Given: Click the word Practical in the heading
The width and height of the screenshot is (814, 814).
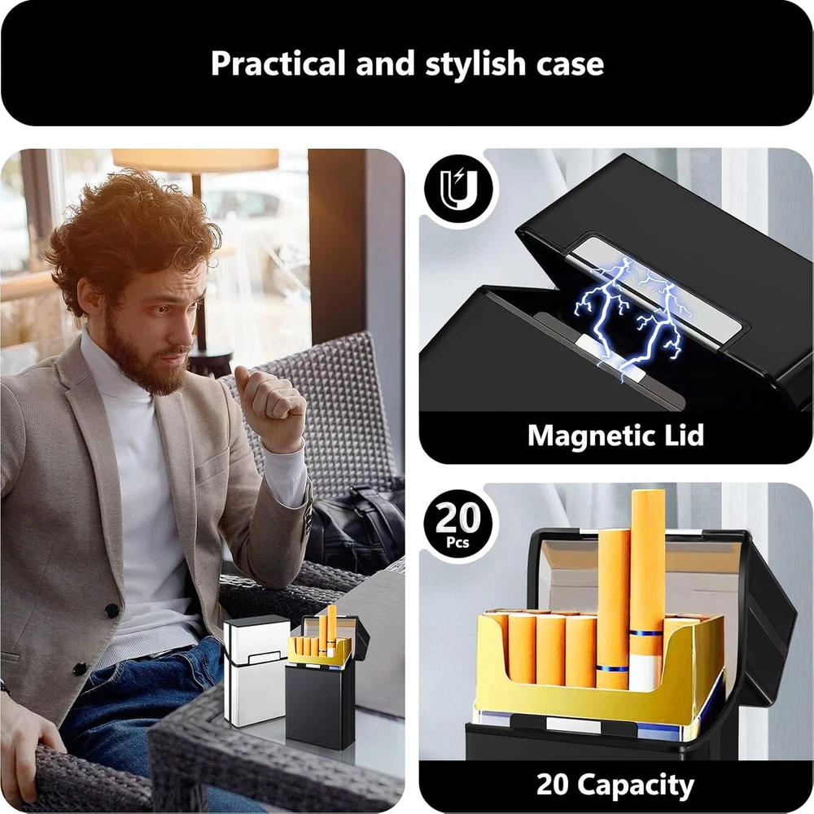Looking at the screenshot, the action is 278,63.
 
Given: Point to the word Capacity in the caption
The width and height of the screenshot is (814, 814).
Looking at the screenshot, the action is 636,786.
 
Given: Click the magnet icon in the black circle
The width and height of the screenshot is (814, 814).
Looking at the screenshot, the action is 457,188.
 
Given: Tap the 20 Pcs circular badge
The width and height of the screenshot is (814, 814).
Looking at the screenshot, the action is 457,523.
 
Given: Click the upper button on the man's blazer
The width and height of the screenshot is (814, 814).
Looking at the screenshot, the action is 112,610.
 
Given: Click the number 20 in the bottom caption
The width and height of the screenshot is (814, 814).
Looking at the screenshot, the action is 553,785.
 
